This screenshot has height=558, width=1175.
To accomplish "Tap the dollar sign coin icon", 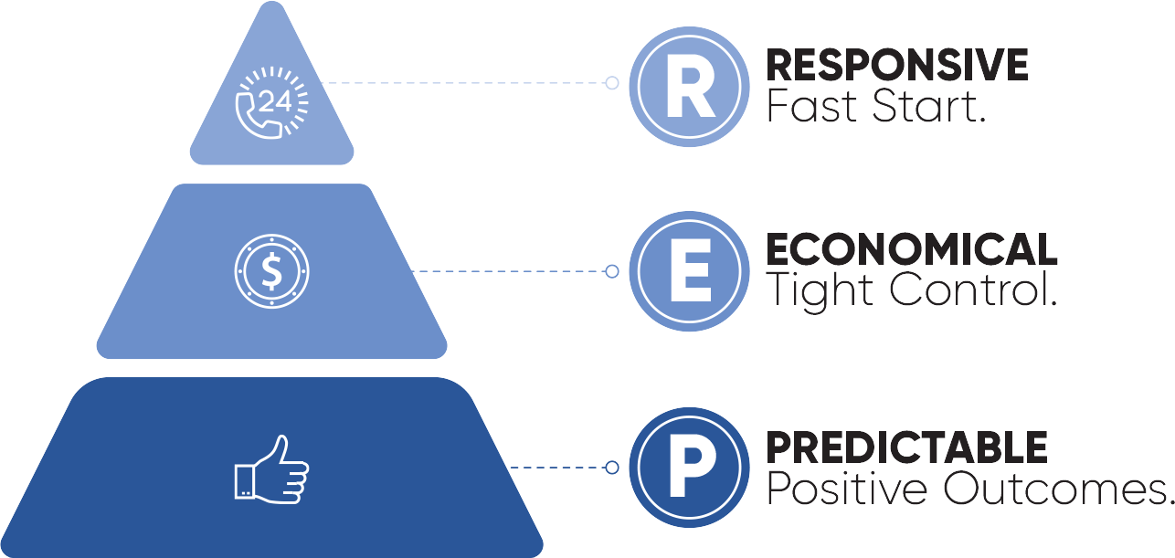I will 271,271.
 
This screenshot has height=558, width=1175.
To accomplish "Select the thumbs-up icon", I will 271,469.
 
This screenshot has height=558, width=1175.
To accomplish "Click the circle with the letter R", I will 690,89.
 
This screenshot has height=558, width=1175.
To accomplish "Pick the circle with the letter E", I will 690,271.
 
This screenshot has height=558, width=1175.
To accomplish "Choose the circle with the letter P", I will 690,469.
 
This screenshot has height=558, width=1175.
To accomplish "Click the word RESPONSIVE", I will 896,66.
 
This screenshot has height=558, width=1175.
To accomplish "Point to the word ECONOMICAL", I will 911,249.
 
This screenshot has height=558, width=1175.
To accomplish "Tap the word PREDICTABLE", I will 906,447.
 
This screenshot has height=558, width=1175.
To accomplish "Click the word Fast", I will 805,107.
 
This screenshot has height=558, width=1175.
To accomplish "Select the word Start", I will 915,107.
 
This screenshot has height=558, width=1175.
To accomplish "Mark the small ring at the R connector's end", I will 612,83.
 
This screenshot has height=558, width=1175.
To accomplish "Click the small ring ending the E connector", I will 612,271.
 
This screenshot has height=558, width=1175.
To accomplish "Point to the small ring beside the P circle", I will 612,468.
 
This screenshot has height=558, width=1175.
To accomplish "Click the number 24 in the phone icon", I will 274,101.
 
